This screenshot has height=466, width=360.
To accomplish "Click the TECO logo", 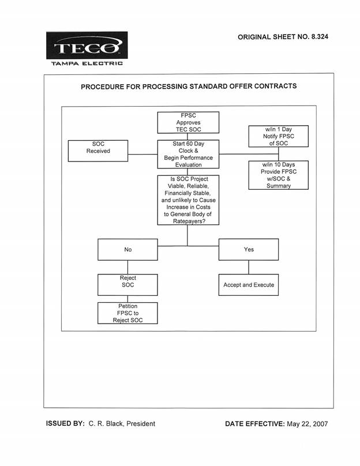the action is click(87, 45).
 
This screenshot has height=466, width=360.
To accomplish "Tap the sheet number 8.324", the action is click(320, 37).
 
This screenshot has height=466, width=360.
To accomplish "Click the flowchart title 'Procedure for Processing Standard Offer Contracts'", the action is click(189, 86).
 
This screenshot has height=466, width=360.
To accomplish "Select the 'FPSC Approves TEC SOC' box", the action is click(188, 122).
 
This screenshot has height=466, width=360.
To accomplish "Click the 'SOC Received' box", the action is click(98, 151).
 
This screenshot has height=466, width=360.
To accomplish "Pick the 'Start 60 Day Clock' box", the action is click(188, 154).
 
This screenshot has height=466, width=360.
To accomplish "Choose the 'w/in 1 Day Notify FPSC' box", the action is click(279, 136).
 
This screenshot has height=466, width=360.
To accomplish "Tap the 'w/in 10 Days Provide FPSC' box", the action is click(279, 175).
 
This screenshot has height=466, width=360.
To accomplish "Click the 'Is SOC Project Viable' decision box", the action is click(188, 200).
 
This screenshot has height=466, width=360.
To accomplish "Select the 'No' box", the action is click(128, 250).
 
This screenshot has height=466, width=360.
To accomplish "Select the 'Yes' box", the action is click(249, 249).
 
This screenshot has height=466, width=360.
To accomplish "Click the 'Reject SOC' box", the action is click(128, 285).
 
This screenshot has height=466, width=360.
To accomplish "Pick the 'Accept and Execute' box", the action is click(249, 285).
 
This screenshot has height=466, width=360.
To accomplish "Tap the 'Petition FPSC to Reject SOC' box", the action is click(128, 313).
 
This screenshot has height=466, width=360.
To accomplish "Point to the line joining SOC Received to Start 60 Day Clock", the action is click(142, 154).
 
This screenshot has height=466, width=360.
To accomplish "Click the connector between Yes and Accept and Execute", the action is click(249, 267).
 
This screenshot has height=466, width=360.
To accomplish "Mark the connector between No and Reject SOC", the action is click(128, 267).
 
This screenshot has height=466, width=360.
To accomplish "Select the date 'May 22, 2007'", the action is click(307, 424).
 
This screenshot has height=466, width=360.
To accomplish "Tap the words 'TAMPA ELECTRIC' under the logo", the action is click(87, 63).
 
